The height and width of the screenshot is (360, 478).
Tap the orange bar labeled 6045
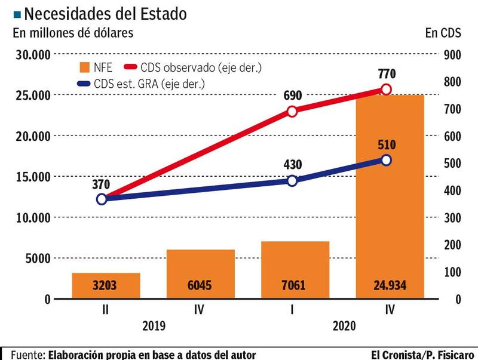(x=200, y=275)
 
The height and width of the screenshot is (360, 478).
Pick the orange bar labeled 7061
(x=295, y=270)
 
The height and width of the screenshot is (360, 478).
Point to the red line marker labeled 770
(x=386, y=89)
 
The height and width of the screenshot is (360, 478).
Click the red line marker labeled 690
(x=292, y=111)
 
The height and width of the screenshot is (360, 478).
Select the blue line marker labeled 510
(x=386, y=160)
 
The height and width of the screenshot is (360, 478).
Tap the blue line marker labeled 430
(x=292, y=181)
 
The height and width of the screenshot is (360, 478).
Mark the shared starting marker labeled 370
(x=102, y=199)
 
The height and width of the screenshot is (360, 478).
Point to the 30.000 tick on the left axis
(x=31, y=55)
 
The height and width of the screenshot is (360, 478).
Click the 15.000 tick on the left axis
(x=31, y=177)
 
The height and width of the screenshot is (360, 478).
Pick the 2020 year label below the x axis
(x=343, y=327)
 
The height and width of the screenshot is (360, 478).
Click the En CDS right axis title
(x=443, y=33)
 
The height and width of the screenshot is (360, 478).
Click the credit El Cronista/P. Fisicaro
(x=422, y=355)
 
